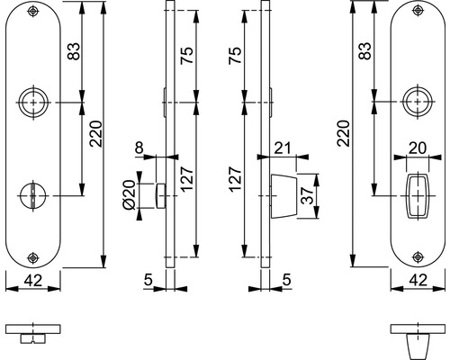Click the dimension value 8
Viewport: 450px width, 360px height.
pos(139,148)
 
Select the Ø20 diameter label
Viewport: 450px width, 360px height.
pos(129,195)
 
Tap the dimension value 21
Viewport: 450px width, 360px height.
pos(283,148)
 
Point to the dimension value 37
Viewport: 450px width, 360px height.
pos(307,196)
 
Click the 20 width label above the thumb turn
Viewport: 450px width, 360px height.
pos(418,148)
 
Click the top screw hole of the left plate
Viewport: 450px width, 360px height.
pos(33,11)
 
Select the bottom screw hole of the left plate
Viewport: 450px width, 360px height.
pos(33,257)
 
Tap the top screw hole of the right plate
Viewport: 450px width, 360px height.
pos(418,11)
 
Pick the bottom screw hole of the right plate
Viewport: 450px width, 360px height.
pos(418,256)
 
